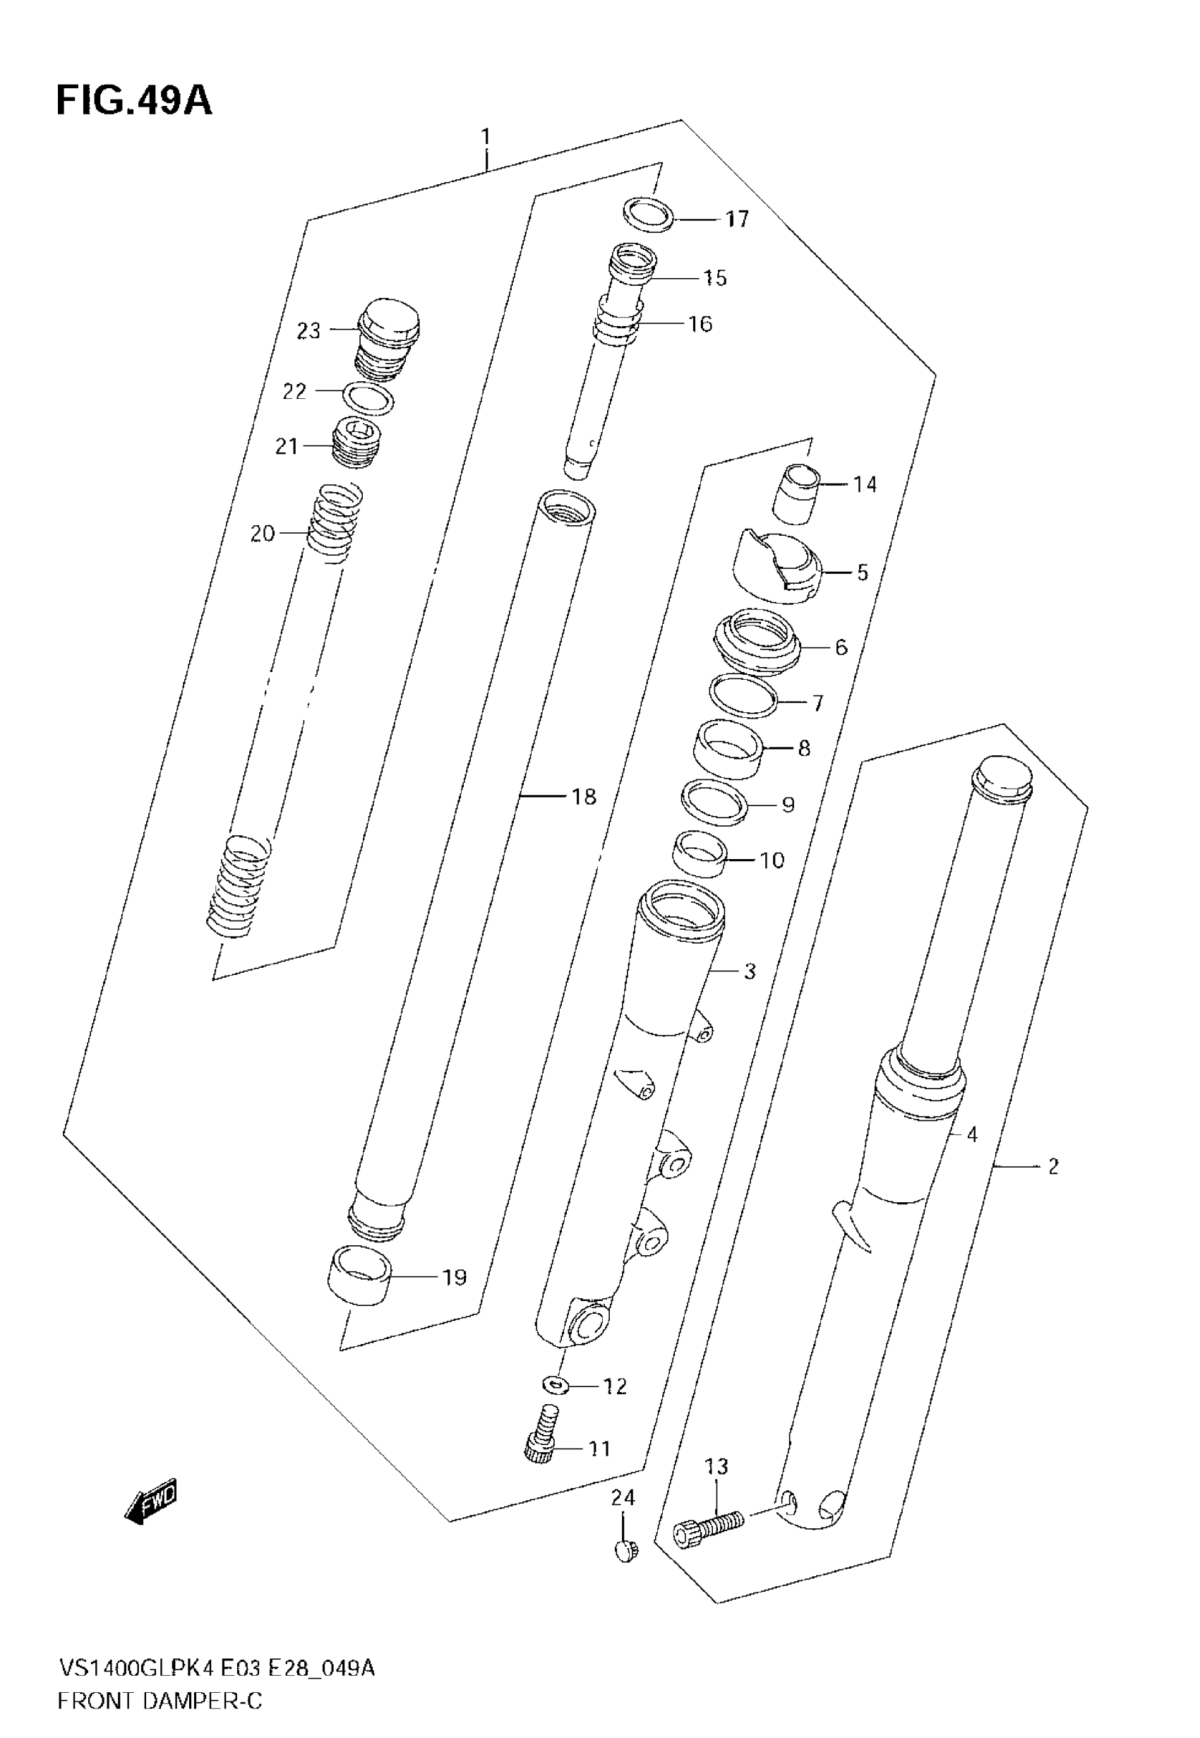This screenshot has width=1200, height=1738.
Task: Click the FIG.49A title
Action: (134, 101)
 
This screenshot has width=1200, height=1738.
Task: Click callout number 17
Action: (737, 219)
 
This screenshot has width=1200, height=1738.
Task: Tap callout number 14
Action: (865, 484)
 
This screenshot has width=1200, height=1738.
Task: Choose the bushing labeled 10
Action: (700, 853)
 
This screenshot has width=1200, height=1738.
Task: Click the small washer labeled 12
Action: (554, 1382)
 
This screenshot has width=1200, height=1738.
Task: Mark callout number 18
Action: (584, 797)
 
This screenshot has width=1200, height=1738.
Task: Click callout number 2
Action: (1052, 1167)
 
